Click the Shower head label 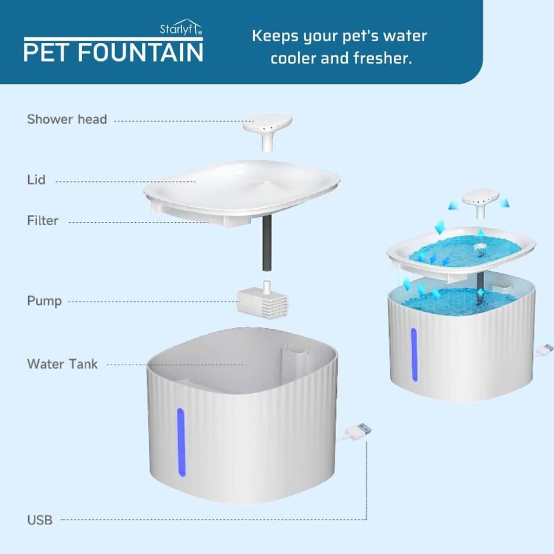coord(67,119)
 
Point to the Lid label coord(36,179)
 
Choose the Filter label coord(43,220)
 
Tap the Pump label coord(44,300)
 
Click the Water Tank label coord(63,364)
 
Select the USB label coord(40,520)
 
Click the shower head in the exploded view coord(267,128)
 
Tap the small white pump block coord(263,301)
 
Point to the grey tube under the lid coord(266,243)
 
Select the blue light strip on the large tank coord(181,442)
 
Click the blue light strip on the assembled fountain coord(414,354)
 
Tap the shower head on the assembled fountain coord(480,200)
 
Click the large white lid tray coord(241,187)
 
